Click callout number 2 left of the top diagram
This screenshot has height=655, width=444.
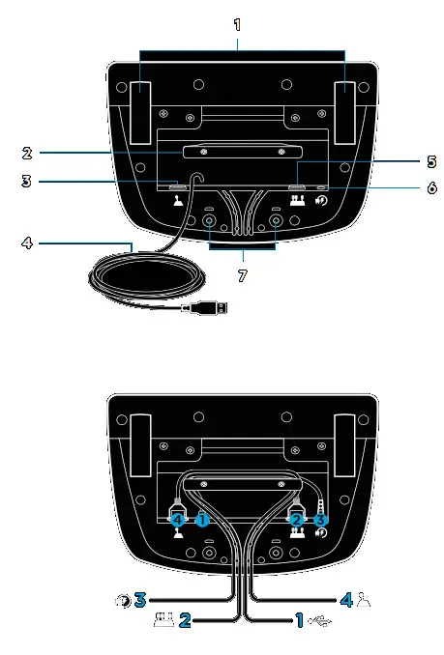tap(28, 152)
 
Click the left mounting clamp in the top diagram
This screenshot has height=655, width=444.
tap(138, 100)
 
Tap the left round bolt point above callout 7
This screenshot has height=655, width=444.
tap(208, 221)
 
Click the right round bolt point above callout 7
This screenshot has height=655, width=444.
tap(276, 221)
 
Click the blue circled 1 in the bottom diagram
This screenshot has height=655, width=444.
tap(203, 518)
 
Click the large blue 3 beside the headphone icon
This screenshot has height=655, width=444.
tap(140, 600)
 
